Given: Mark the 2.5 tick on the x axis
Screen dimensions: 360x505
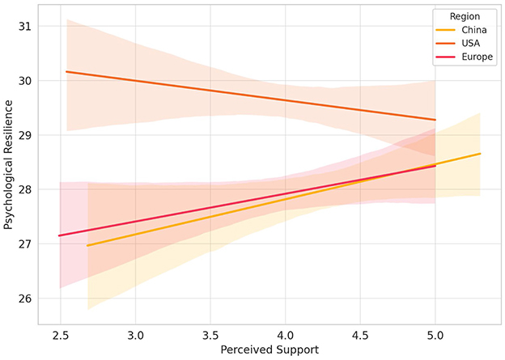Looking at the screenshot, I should (61, 333).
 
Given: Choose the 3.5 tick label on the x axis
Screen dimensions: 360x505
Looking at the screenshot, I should (210, 333).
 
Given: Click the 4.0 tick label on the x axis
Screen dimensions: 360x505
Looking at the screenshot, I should (286, 333).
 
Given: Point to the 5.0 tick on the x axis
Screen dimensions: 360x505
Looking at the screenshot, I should (435, 333).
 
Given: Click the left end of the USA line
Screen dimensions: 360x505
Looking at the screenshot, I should (66, 72).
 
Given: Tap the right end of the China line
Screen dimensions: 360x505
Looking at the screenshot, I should (481, 154).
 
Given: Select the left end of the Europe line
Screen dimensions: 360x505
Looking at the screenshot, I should (59, 235).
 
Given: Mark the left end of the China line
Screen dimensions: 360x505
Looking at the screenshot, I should (87, 245).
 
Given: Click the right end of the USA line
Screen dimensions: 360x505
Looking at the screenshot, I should (435, 120).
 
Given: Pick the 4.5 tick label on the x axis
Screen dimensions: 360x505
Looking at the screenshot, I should (360, 333).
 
